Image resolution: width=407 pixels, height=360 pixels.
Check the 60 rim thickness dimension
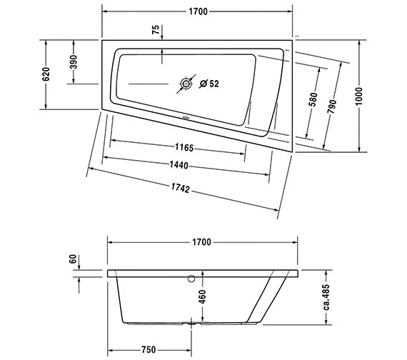tap(72, 259)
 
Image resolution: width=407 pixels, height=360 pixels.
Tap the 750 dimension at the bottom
tap(149, 349)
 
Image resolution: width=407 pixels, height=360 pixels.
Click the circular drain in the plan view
tap(186, 84)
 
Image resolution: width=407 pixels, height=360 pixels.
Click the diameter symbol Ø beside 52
tap(203, 84)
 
